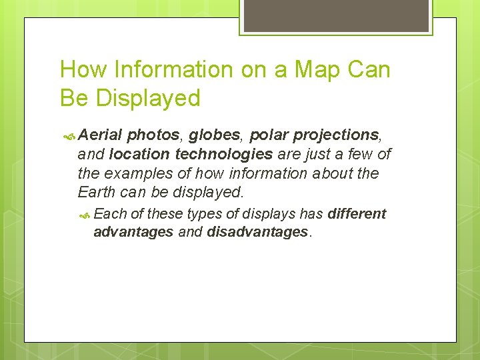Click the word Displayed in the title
tap(148, 99)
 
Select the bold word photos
tap(153, 135)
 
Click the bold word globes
tap(216, 135)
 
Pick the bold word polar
tap(268, 135)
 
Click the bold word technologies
tap(223, 155)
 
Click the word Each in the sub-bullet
tap(111, 214)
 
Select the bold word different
tap(357, 214)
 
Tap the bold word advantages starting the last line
tap(133, 232)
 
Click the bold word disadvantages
tap(258, 232)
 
